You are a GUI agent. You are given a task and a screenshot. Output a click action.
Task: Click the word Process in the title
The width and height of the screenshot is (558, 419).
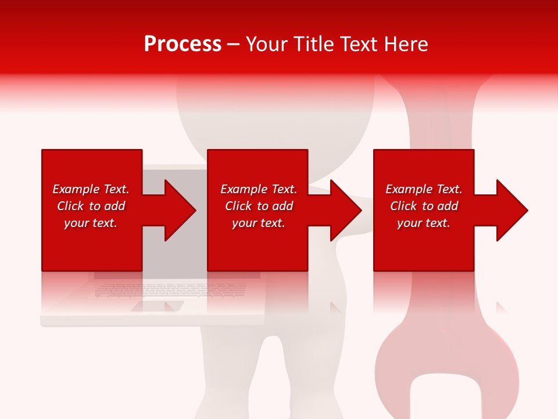coord(183,44)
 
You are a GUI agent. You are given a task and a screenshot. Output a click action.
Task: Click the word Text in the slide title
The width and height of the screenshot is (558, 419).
coord(360,44)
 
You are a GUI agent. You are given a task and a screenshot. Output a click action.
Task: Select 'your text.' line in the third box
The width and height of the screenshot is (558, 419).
coord(424,223)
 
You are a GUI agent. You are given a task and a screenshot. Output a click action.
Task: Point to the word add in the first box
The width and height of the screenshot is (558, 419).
coord(115,206)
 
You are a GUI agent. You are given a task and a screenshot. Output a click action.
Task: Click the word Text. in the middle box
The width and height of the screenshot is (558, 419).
coord(283,189)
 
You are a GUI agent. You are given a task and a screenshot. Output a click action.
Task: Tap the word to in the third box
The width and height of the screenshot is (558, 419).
coord(428,206)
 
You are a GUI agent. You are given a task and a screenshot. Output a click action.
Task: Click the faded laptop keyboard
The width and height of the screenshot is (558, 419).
coord(169,289)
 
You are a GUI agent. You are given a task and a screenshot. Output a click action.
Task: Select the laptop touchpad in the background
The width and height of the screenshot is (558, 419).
coord(158,306)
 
